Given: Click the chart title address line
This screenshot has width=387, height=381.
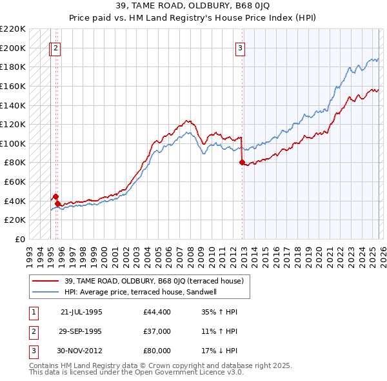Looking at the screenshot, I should [193, 6].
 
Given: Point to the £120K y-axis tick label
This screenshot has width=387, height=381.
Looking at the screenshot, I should [13, 124].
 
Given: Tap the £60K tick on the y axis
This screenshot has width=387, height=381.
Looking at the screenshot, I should [15, 181].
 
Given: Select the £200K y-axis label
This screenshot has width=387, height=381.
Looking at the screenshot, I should [13, 48].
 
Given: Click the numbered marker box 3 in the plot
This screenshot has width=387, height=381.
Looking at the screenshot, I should [240, 47].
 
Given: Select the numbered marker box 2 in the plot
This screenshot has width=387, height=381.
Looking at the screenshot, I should [56, 47].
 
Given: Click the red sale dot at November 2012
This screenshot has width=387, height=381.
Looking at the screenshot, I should [242, 163].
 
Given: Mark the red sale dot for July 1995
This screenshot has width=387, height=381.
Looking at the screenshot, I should [55, 196].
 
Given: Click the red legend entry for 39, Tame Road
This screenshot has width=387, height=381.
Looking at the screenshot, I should [153, 281].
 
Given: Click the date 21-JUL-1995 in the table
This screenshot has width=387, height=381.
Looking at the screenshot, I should [81, 312].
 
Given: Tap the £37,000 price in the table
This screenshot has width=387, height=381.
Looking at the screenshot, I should [157, 331].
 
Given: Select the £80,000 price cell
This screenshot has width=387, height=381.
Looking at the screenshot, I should [157, 351].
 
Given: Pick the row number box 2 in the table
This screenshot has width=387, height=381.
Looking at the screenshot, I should [34, 331].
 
